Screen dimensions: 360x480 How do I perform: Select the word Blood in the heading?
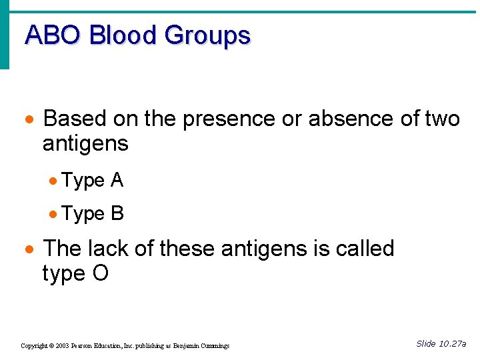(125, 35)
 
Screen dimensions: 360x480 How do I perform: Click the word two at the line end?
(442, 119)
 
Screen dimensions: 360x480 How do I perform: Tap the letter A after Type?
(117, 180)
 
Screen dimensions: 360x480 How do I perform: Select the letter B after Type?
(117, 213)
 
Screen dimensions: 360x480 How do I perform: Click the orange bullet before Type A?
(54, 181)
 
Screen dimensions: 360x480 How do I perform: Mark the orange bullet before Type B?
(54, 215)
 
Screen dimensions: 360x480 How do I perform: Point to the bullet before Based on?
(29, 120)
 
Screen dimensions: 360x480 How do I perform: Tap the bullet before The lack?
(29, 250)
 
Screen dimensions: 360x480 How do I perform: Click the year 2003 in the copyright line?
(62, 346)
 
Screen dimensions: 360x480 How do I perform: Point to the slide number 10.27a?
(452, 344)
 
